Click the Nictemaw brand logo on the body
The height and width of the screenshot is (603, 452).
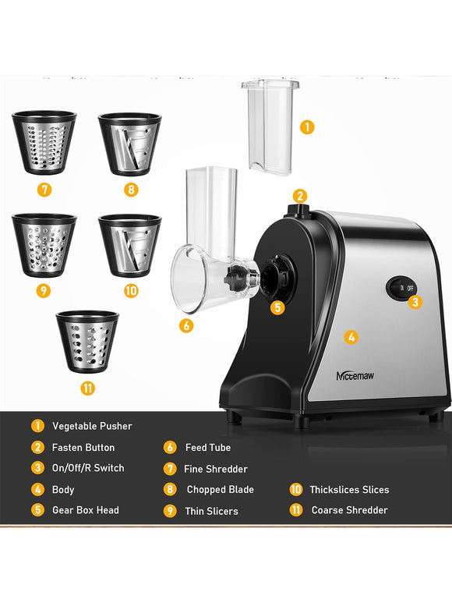[x=355, y=375]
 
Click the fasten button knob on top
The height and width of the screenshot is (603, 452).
[x=298, y=210]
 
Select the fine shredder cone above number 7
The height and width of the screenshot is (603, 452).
[x=44, y=142]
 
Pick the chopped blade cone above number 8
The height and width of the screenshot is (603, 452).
[x=130, y=144]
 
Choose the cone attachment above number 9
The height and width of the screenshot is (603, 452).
[x=44, y=245]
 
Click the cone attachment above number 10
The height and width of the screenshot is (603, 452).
[x=130, y=246]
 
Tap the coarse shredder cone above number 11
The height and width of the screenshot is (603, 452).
[x=87, y=342]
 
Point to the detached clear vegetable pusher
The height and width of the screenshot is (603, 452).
[x=270, y=127]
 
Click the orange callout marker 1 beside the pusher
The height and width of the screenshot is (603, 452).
[x=307, y=127]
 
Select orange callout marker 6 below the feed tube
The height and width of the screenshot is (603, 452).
[x=186, y=326]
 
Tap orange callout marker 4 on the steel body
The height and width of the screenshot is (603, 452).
[x=351, y=337]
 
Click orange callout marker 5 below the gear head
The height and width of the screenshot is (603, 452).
[x=277, y=307]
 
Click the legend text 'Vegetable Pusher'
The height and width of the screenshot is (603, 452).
[x=92, y=426]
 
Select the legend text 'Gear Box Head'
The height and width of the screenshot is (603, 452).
[x=86, y=510]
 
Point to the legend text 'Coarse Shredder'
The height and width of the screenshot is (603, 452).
[x=349, y=510]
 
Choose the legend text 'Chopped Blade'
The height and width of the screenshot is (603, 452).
[x=220, y=490]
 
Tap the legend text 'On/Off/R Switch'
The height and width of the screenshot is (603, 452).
[x=88, y=468]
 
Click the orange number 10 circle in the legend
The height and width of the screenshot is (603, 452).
[x=295, y=490]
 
